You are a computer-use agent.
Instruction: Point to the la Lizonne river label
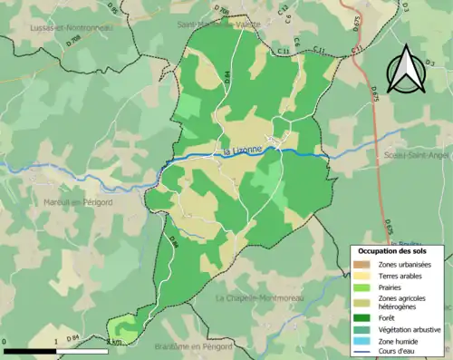(x=236, y=150)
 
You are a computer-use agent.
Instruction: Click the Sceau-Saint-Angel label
(x=417, y=155)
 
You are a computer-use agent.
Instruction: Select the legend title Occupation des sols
(x=398, y=250)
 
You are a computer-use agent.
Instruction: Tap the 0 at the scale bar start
(x=5, y=342)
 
